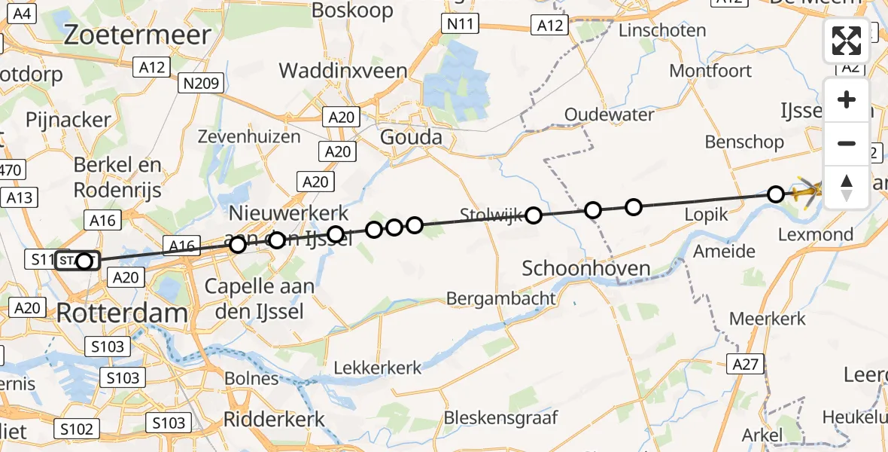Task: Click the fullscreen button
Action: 847,41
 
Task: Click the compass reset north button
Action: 847,186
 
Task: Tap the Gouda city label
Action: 411,138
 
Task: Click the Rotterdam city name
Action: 122,313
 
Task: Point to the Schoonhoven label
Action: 585,268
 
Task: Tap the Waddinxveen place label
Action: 343,72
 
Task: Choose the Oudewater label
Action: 610,115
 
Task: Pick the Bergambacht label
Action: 501,298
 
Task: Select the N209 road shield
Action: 201,83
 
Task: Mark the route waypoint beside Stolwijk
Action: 534,216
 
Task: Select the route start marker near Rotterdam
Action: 84,261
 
